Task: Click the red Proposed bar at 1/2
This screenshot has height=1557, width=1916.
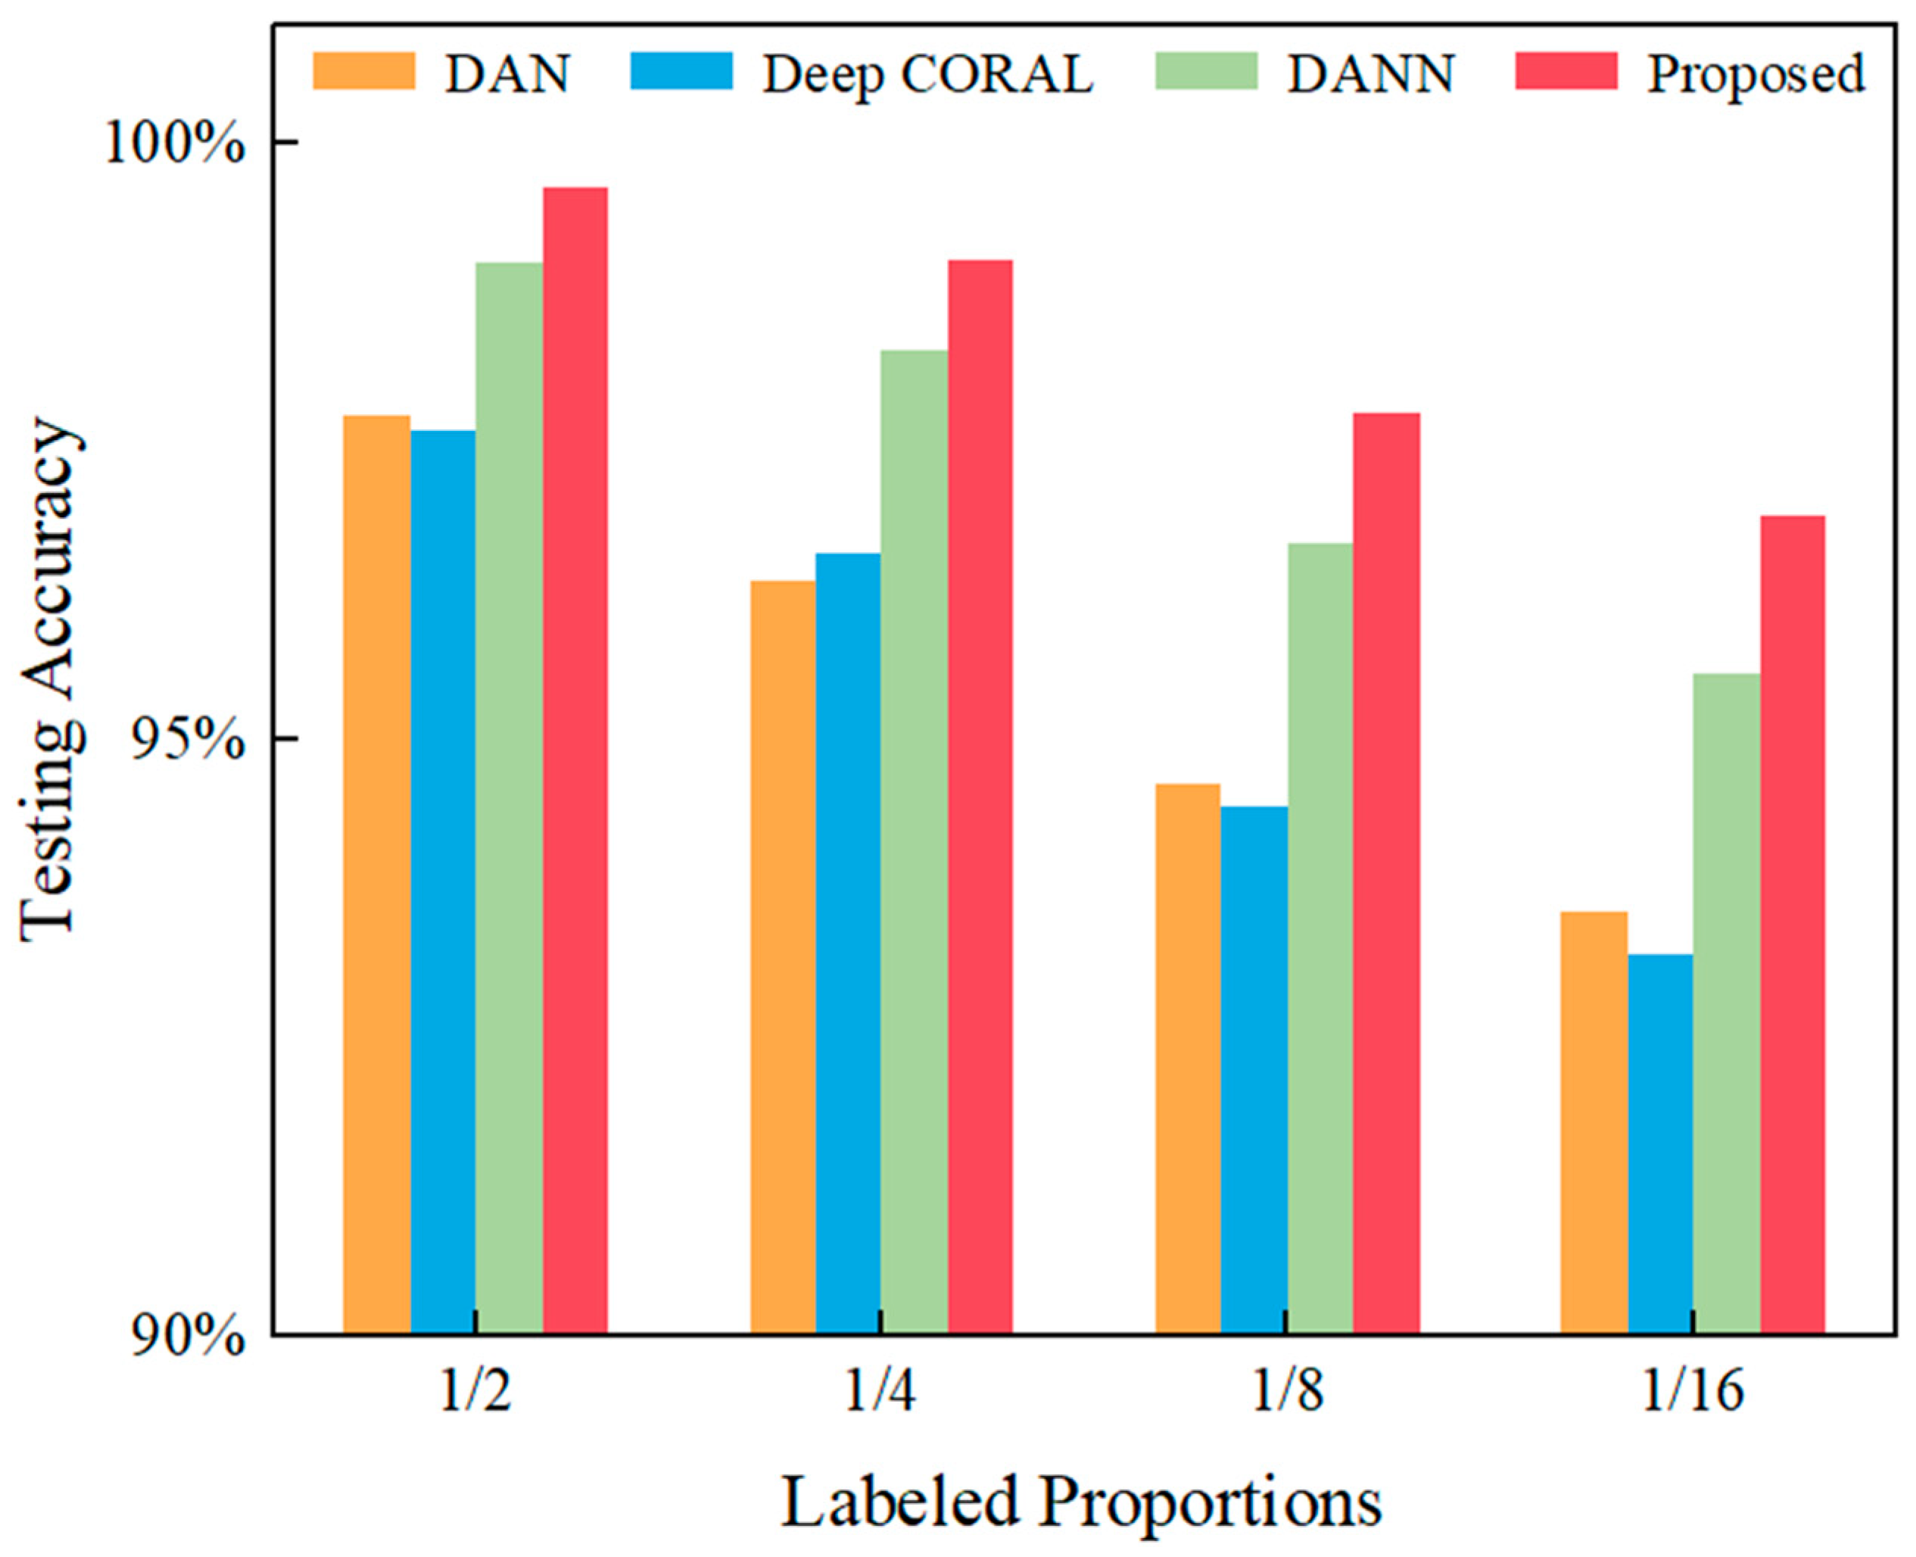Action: coord(575,760)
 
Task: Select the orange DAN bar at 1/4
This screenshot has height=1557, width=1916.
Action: coord(783,958)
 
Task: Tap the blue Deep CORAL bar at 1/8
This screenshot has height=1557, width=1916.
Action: coord(1254,1071)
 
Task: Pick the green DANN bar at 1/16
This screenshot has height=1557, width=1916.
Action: coord(1727,1004)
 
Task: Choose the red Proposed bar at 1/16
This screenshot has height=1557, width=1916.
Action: coord(1793,925)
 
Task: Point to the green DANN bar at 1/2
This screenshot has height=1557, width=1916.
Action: coord(509,798)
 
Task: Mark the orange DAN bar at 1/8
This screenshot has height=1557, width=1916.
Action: coord(1188,1059)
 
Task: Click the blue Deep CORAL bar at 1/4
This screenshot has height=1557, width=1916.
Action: coord(848,944)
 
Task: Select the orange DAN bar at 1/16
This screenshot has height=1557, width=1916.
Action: coord(1594,1123)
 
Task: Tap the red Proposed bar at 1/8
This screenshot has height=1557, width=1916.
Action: coord(1386,875)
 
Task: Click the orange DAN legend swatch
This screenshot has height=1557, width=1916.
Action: coord(364,71)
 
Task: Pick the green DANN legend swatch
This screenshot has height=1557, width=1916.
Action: coord(1206,71)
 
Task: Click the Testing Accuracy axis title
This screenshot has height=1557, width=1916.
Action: coord(51,681)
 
